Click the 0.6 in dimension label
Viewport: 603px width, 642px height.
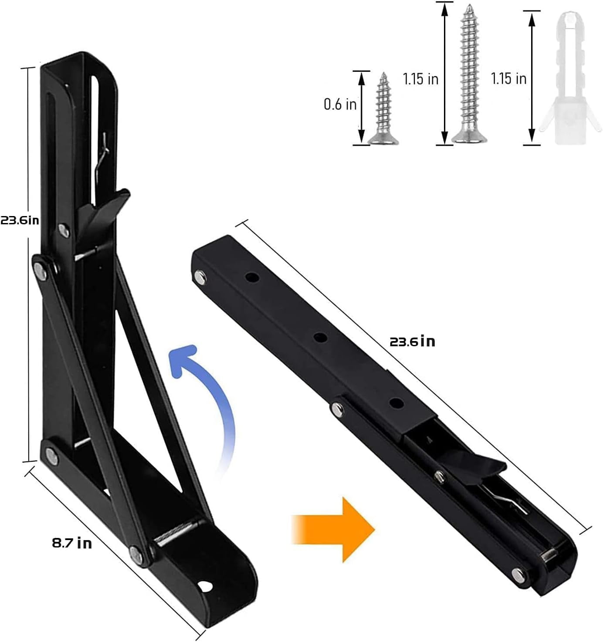pos(340,104)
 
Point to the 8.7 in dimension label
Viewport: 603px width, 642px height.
pos(72,543)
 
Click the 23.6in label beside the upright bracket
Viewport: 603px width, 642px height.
pos(20,220)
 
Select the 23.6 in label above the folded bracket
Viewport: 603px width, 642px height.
pos(412,341)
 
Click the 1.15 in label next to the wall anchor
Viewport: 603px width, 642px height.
pos(508,79)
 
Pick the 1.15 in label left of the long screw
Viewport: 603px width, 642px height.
pos(420,79)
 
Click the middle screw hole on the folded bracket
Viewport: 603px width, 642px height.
pos(321,338)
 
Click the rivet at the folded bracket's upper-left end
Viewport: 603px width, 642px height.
pos(200,276)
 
